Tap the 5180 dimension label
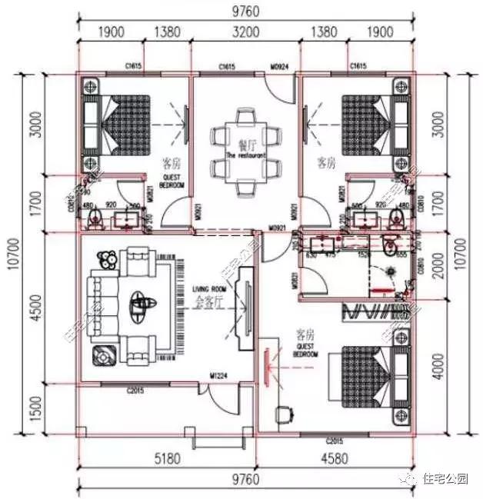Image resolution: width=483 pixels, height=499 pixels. (167, 460)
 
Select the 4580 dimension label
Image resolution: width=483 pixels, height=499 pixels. (333, 460)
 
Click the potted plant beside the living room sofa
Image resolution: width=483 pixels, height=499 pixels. (105, 261)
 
